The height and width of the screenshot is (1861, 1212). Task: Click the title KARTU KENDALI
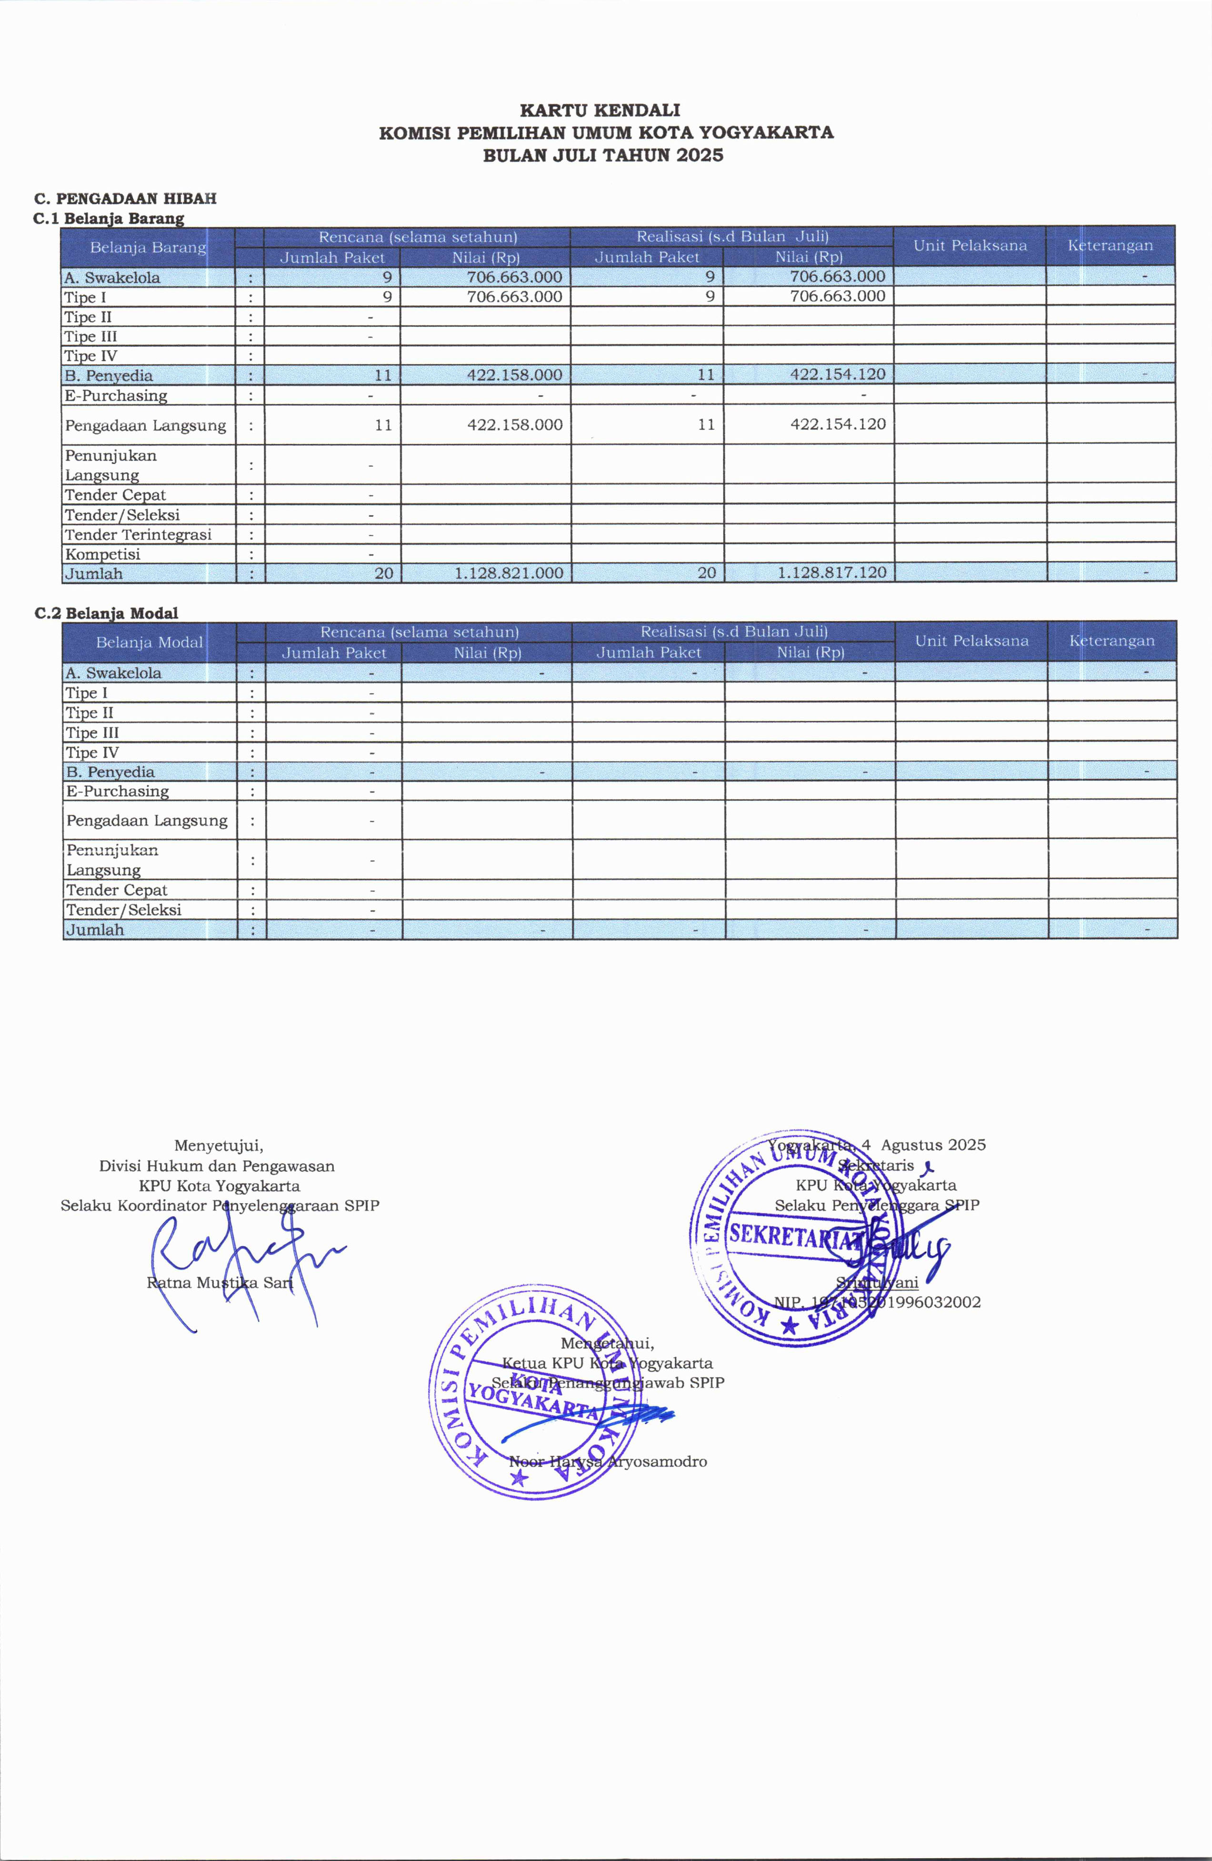click(x=600, y=110)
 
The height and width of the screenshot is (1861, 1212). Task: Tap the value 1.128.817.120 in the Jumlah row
click(x=832, y=573)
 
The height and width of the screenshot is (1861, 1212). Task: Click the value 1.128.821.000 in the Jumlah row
click(x=509, y=573)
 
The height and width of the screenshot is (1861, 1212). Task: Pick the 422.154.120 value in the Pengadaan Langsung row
click(x=838, y=424)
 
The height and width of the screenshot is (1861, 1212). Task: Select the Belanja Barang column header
click(x=148, y=248)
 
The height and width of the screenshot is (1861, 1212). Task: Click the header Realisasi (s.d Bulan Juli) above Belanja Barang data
click(x=732, y=237)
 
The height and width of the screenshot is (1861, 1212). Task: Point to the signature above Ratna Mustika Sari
click(x=235, y=1255)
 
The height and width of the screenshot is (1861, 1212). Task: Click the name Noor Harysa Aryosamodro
click(x=608, y=1461)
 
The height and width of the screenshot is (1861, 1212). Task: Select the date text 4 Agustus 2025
click(x=922, y=1145)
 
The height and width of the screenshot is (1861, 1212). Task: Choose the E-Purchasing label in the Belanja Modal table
click(x=117, y=791)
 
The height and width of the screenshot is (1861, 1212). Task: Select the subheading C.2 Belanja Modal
click(x=106, y=613)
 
